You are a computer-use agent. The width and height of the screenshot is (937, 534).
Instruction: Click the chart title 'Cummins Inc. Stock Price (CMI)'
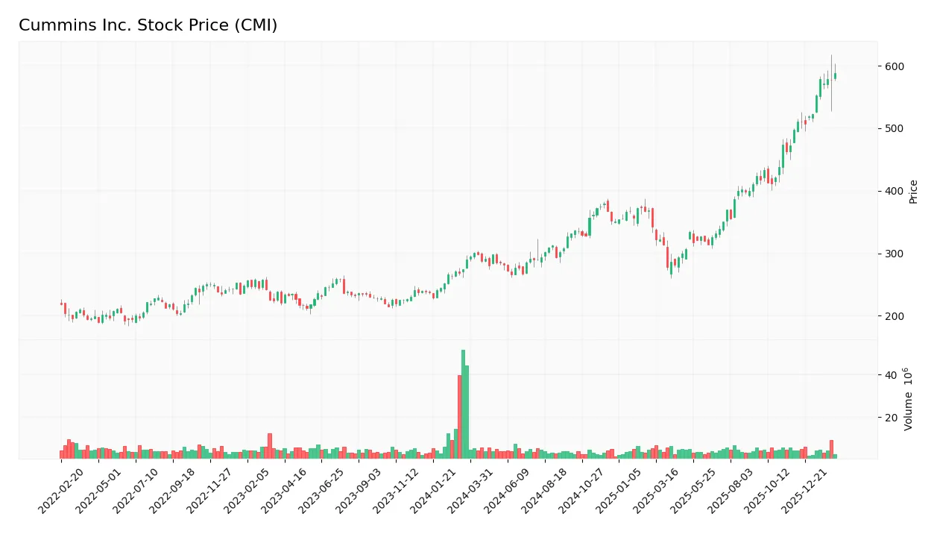[x=148, y=25]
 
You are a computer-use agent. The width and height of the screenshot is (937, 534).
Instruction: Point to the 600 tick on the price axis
[x=895, y=66]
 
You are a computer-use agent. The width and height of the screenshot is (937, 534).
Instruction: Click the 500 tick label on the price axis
[x=895, y=129]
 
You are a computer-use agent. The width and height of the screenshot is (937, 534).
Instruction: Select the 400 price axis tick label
[x=895, y=192]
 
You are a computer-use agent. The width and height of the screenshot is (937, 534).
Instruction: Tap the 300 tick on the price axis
[x=895, y=254]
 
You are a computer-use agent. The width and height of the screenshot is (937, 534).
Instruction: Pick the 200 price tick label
[x=895, y=316]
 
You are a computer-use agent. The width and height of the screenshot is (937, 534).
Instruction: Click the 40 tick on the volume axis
[x=891, y=374]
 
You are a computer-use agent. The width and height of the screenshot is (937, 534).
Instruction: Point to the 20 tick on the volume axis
[x=891, y=418]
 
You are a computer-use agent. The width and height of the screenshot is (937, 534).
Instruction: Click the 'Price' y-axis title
[x=914, y=192]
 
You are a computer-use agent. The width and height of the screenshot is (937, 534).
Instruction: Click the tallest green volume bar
[x=463, y=403]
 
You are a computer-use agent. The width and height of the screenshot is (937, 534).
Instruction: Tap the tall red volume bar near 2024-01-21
[x=459, y=416]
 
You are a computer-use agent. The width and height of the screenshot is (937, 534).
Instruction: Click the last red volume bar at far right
[x=831, y=449]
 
